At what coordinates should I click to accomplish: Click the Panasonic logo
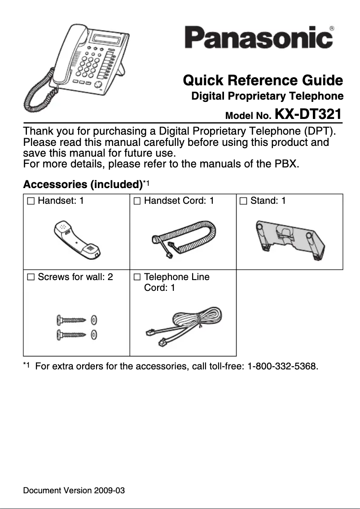click(x=259, y=38)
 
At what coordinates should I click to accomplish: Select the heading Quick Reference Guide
click(x=263, y=81)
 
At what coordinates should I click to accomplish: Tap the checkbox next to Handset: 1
click(x=30, y=201)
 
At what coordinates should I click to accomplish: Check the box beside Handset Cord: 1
click(x=136, y=201)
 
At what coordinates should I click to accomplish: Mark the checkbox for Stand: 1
click(x=243, y=201)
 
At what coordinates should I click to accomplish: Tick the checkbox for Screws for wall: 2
click(x=30, y=277)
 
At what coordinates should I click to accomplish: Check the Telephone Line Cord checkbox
click(x=136, y=277)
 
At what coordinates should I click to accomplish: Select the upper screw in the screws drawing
click(x=71, y=320)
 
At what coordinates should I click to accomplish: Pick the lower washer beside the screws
click(x=94, y=334)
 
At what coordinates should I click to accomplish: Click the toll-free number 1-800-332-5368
click(x=281, y=367)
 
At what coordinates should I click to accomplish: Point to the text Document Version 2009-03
click(x=74, y=490)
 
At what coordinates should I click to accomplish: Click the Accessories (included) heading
click(x=82, y=184)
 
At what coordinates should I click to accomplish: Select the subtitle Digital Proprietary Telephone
click(x=267, y=96)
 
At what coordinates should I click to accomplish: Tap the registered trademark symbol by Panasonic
click(x=331, y=28)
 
